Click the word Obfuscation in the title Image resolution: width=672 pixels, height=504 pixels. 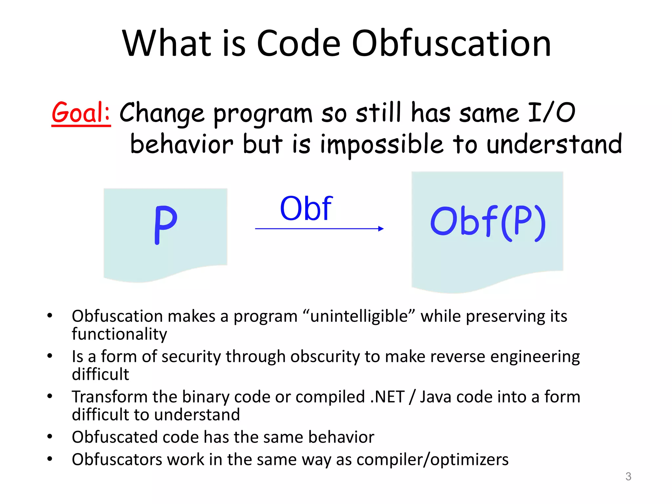[x=451, y=43]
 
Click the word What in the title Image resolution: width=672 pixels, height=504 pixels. [x=167, y=43]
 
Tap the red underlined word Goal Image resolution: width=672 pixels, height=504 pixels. [x=81, y=113]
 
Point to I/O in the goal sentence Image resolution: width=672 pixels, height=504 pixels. [x=551, y=113]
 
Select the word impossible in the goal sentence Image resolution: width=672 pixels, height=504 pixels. [x=382, y=144]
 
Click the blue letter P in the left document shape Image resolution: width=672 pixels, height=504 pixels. [x=166, y=225]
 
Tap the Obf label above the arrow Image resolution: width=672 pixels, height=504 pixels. [x=306, y=208]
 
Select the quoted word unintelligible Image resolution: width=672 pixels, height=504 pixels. [x=359, y=316]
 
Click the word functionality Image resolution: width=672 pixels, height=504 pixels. [x=119, y=334]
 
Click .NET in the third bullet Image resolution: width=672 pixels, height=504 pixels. [x=387, y=397]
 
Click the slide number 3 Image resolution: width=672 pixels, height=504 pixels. [x=628, y=476]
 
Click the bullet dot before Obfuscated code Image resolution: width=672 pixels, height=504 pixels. [x=50, y=436]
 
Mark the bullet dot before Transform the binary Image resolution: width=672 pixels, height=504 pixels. [x=50, y=396]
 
